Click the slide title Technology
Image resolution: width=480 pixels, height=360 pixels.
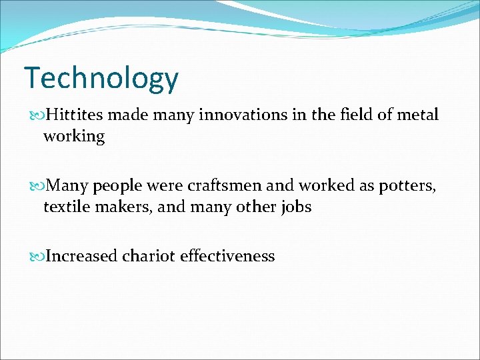point(101,79)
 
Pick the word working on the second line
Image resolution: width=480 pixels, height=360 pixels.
point(74,137)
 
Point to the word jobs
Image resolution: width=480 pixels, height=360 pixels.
point(295,207)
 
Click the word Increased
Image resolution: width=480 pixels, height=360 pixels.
point(81,256)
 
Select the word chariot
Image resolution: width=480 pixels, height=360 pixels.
point(149,256)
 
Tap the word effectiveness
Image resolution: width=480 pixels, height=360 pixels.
point(227,256)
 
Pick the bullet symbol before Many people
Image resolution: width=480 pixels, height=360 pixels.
point(37,186)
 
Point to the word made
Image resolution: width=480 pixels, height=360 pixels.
point(125,115)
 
